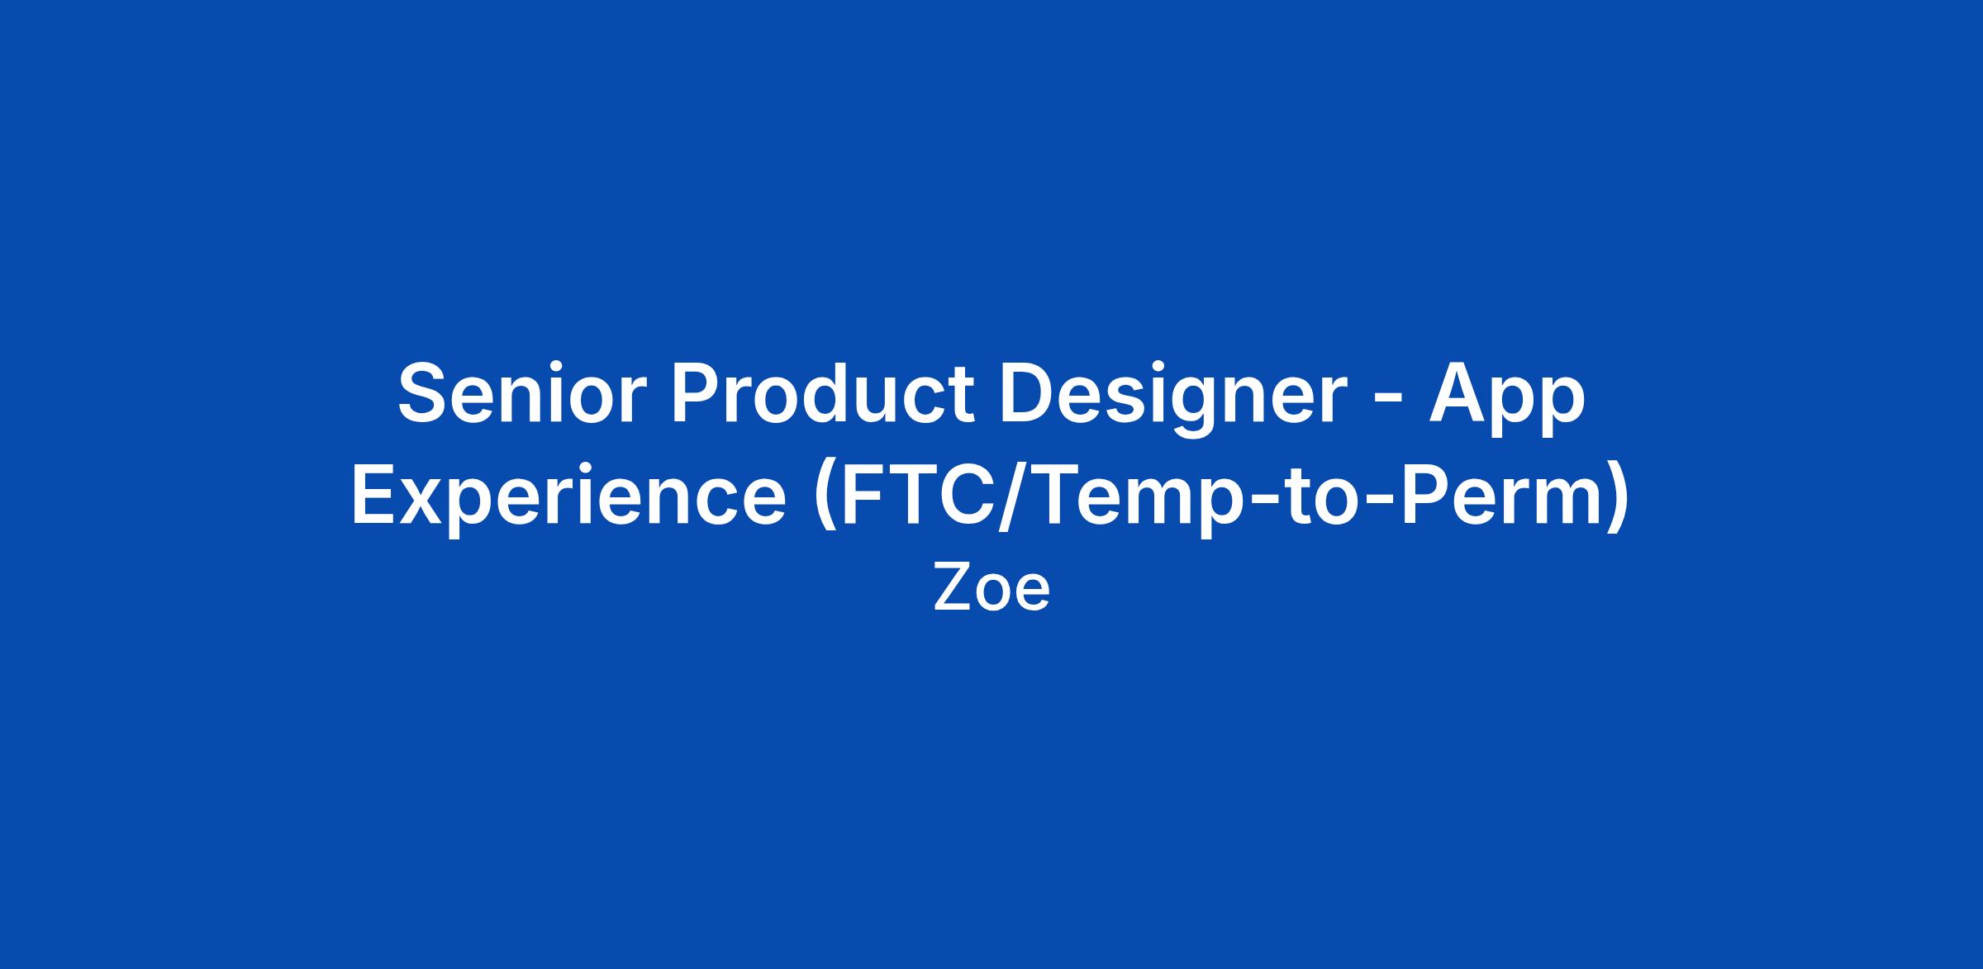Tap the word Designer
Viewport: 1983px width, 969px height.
pyautogui.click(x=1173, y=399)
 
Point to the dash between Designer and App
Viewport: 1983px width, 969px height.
pyautogui.click(x=1388, y=401)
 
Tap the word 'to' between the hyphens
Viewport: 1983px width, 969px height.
pyautogui.click(x=1294, y=496)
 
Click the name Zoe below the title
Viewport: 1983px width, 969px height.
pyautogui.click(x=991, y=588)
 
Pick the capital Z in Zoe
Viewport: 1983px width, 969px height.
pyautogui.click(x=950, y=588)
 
